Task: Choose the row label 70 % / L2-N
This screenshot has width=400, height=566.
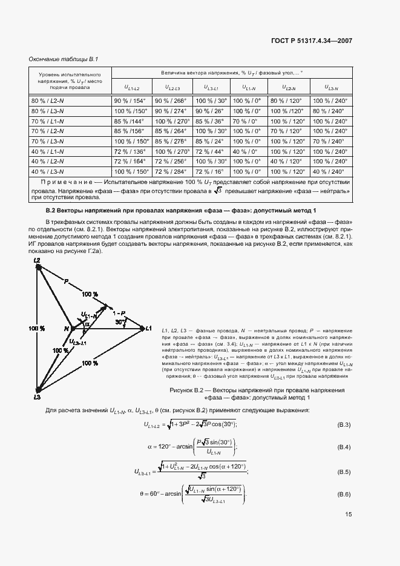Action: [47, 131]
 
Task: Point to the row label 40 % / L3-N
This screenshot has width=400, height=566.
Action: [47, 171]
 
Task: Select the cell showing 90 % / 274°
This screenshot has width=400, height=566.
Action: [172, 111]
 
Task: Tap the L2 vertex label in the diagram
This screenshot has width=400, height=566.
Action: [37, 260]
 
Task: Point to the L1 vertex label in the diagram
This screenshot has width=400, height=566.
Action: [148, 328]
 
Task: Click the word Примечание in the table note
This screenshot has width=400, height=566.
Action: [66, 182]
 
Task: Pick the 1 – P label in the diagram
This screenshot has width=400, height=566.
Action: [119, 313]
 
